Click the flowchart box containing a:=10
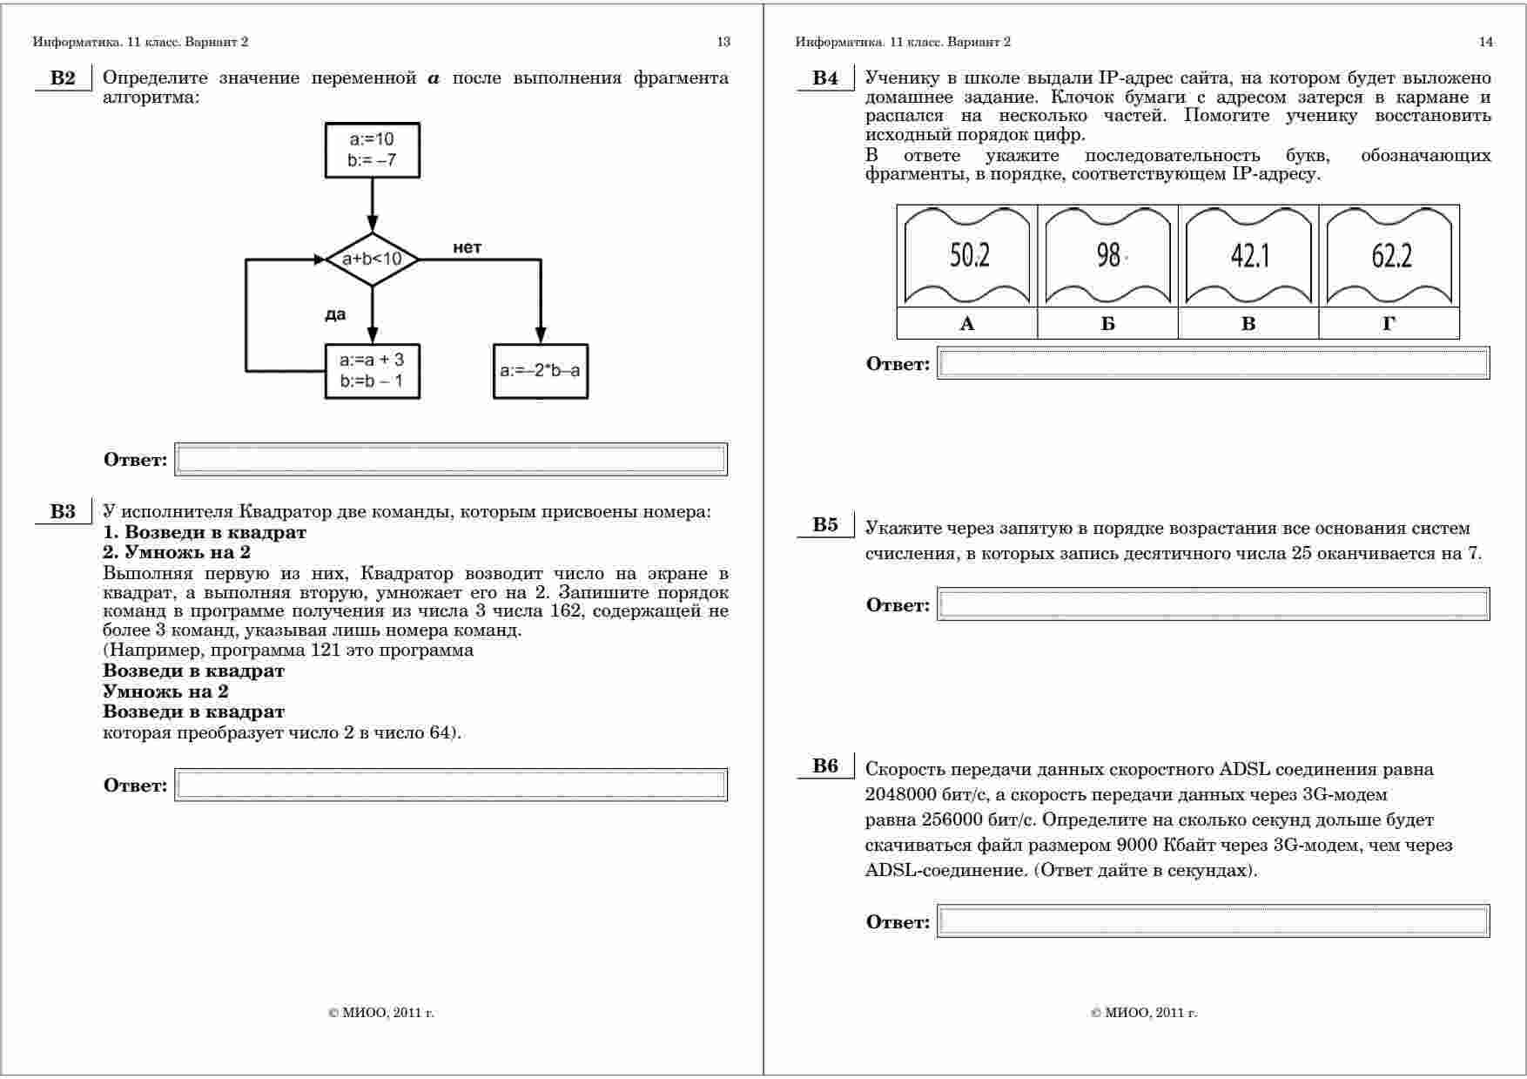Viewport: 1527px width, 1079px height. pyautogui.click(x=372, y=150)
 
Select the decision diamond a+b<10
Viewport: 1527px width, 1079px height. pyautogui.click(x=372, y=260)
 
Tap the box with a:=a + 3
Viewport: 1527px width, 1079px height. pyautogui.click(x=372, y=371)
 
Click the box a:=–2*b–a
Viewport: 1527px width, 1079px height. pyautogui.click(x=540, y=371)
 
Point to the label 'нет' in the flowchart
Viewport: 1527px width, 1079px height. pyautogui.click(x=467, y=248)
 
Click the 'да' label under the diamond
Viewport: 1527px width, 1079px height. pyautogui.click(x=335, y=314)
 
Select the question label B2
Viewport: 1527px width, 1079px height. pyautogui.click(x=63, y=78)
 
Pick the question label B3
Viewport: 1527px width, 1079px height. pyautogui.click(x=63, y=512)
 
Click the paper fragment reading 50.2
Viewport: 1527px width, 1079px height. pyautogui.click(x=967, y=256)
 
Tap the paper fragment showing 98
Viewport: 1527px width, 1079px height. pyautogui.click(x=1108, y=256)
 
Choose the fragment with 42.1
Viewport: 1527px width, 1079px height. pyautogui.click(x=1249, y=256)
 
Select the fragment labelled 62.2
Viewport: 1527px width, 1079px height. pyautogui.click(x=1390, y=256)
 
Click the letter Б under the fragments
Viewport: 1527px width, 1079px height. pyautogui.click(x=1108, y=324)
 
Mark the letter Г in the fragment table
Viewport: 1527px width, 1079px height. pyautogui.click(x=1389, y=324)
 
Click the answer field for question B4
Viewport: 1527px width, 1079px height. pyautogui.click(x=1213, y=364)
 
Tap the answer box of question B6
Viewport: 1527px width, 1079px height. pyautogui.click(x=1213, y=921)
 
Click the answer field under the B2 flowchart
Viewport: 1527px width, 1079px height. pyautogui.click(x=451, y=460)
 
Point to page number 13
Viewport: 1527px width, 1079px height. pyautogui.click(x=723, y=42)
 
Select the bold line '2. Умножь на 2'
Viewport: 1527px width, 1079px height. pyautogui.click(x=177, y=552)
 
